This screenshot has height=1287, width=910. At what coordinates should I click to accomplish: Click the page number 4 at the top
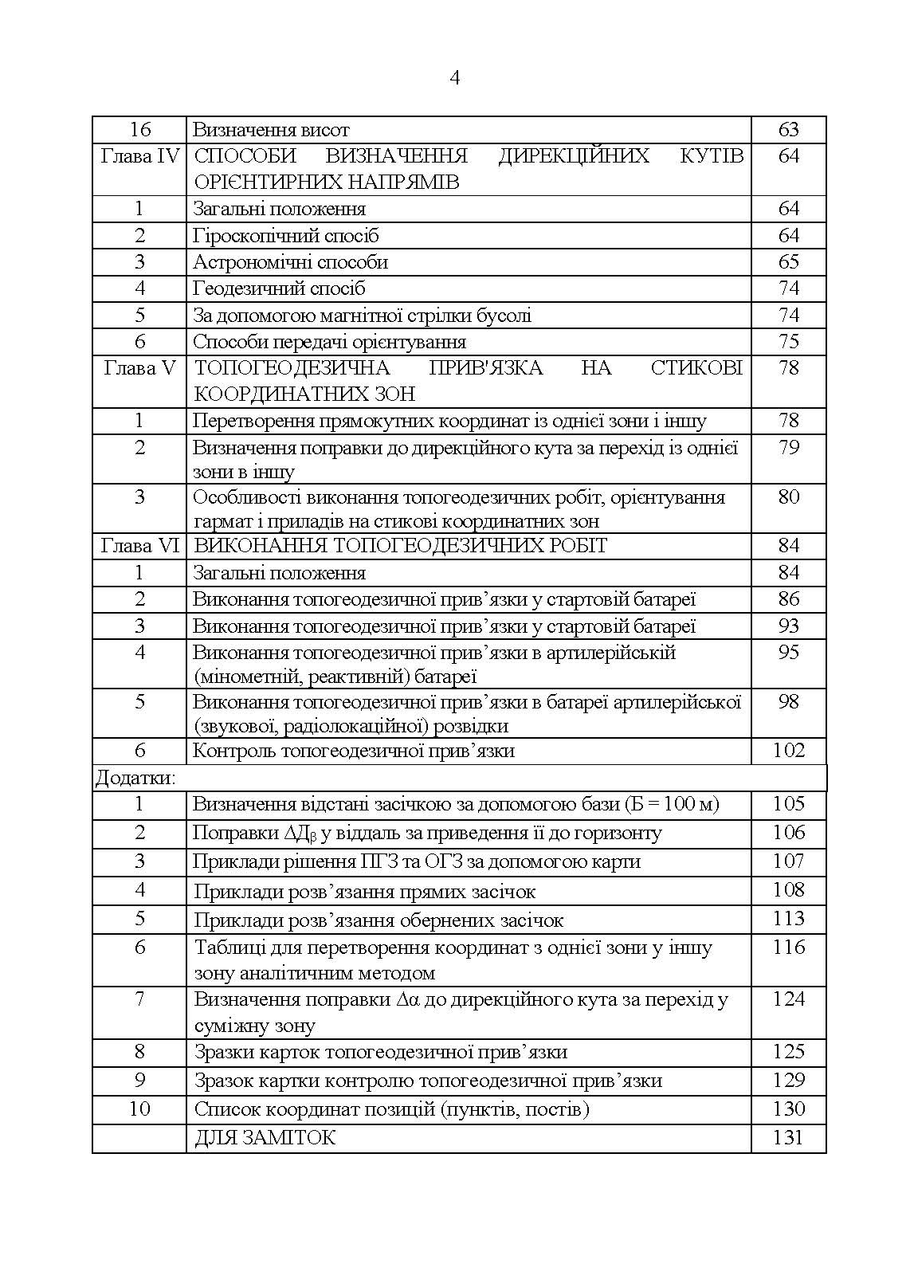[455, 77]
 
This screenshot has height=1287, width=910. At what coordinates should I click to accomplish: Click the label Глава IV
[140, 155]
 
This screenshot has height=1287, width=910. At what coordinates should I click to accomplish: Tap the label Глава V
[140, 368]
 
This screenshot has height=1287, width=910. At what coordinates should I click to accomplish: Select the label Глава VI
[140, 546]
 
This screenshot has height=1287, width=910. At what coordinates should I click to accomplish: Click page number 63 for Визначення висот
[787, 129]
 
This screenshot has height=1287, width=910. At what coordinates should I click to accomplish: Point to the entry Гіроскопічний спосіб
[285, 236]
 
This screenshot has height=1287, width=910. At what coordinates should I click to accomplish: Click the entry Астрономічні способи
[290, 262]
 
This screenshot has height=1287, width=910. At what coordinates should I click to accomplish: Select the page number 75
[787, 342]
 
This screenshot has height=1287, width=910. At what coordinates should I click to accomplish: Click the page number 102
[787, 751]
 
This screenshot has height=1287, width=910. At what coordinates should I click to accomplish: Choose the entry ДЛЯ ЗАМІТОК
[265, 1138]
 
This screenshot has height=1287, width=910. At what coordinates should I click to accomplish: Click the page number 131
[787, 1138]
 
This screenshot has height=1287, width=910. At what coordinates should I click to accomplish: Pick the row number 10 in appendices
[140, 1109]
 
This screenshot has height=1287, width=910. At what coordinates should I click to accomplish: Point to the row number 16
[140, 129]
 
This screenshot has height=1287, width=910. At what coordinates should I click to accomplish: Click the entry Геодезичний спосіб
[279, 288]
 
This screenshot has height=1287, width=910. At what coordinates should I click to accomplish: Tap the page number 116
[787, 948]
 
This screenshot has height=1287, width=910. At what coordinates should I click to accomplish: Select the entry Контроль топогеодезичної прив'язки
[353, 751]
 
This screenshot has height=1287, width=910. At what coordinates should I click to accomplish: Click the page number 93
[787, 626]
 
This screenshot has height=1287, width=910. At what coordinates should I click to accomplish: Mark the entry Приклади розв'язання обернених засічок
[379, 920]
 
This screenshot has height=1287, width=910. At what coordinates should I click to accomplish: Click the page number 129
[787, 1081]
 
